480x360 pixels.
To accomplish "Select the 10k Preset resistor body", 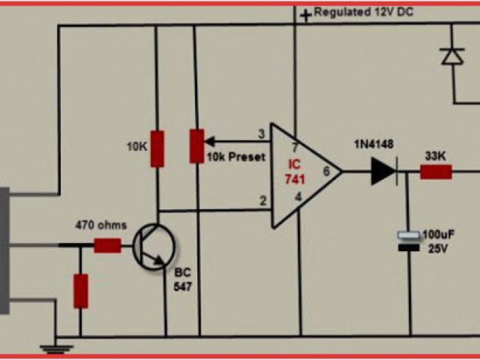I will [x=196, y=146].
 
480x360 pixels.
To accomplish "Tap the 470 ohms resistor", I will [x=106, y=244].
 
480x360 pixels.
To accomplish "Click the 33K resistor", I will [x=435, y=172].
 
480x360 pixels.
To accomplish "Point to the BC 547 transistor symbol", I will [x=154, y=247].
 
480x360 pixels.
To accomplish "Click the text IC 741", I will [x=292, y=169].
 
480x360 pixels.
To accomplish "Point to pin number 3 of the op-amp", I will [x=261, y=134].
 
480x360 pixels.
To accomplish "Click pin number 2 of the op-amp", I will [x=262, y=200].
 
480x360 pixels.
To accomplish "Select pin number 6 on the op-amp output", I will [x=325, y=172].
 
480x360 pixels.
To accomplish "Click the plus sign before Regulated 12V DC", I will [x=306, y=14].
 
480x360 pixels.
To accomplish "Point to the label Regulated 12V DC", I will [x=364, y=13].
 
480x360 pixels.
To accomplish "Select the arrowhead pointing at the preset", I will [x=209, y=140].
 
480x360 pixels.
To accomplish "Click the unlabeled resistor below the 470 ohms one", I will [x=80, y=291].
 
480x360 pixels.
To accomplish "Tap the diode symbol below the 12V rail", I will [x=451, y=56].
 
